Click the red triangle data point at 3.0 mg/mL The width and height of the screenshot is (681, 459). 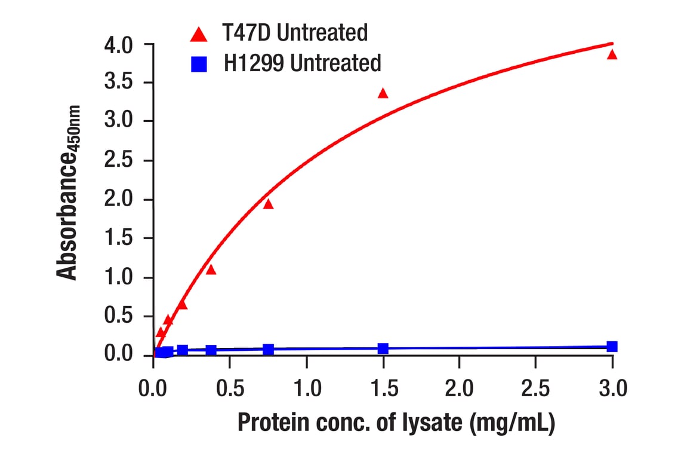click(612, 55)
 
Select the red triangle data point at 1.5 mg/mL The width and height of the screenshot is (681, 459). click(383, 93)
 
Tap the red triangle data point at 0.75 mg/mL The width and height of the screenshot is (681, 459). click(268, 204)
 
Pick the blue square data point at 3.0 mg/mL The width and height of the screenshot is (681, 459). click(612, 347)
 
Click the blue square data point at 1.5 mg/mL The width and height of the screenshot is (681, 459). click(383, 348)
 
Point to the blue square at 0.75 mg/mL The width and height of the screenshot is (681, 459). click(268, 349)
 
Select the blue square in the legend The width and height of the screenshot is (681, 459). click(199, 63)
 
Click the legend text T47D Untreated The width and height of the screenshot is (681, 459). click(295, 33)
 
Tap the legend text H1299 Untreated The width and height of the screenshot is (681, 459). click(303, 62)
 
